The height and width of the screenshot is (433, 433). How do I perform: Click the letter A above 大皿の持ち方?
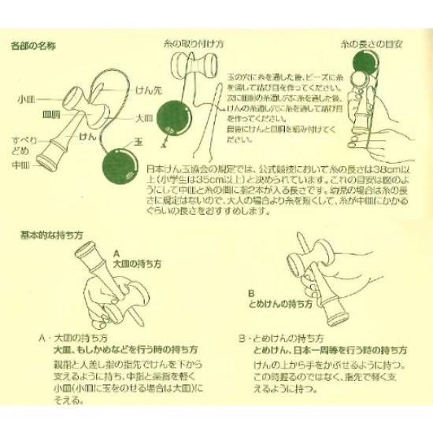coord(117,254)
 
